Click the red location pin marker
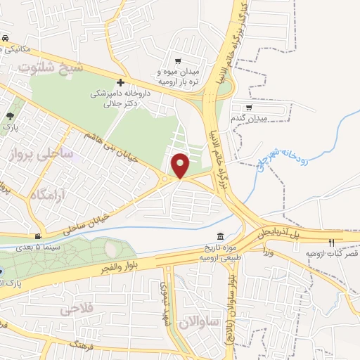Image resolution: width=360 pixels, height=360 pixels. [x=181, y=165]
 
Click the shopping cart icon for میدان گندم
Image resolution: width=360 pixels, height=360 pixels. [x=248, y=108]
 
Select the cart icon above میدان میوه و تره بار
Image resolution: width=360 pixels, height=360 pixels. [x=177, y=61]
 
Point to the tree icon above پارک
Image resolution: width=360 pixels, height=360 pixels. [x=10, y=117]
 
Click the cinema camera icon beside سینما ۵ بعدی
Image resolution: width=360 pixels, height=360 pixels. [x=38, y=237]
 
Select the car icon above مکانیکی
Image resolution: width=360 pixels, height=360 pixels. [x=5, y=38]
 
